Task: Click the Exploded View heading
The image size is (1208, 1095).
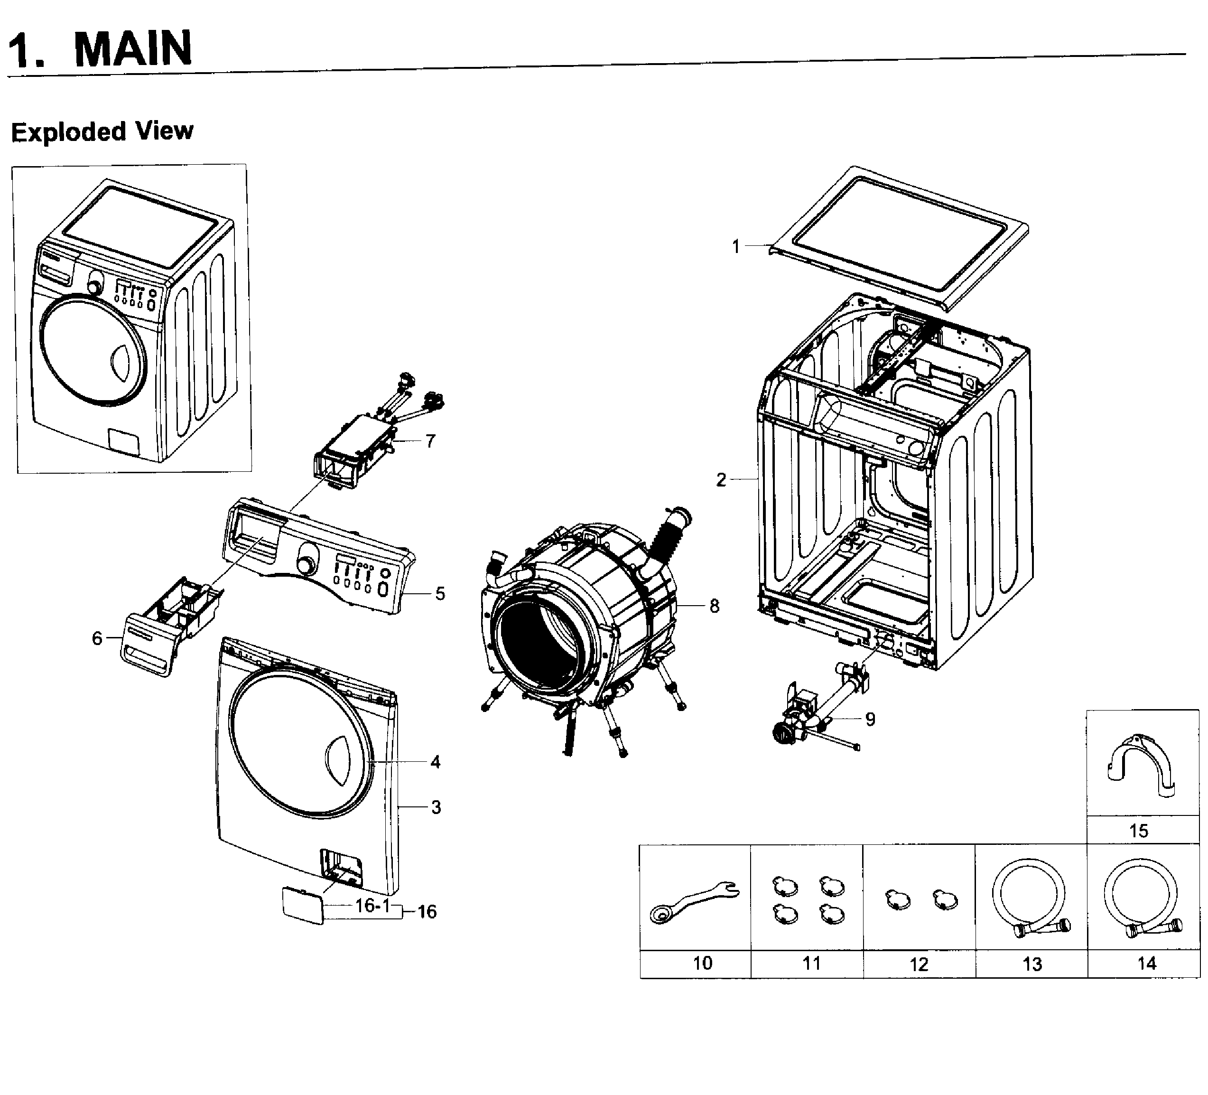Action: coord(102,131)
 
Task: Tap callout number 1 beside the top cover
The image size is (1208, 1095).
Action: coord(736,246)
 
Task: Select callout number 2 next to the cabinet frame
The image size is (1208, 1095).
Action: coord(721,479)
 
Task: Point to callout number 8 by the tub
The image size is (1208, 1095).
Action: coord(714,606)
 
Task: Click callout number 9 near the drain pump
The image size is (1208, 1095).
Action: coord(870,719)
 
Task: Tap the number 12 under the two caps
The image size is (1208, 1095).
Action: coord(919,964)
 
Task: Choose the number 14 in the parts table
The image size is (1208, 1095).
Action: coord(1146,963)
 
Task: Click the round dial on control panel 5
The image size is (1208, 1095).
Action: coord(307,565)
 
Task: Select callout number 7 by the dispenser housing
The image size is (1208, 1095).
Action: coord(430,441)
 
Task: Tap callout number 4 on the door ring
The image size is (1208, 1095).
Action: coord(435,762)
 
